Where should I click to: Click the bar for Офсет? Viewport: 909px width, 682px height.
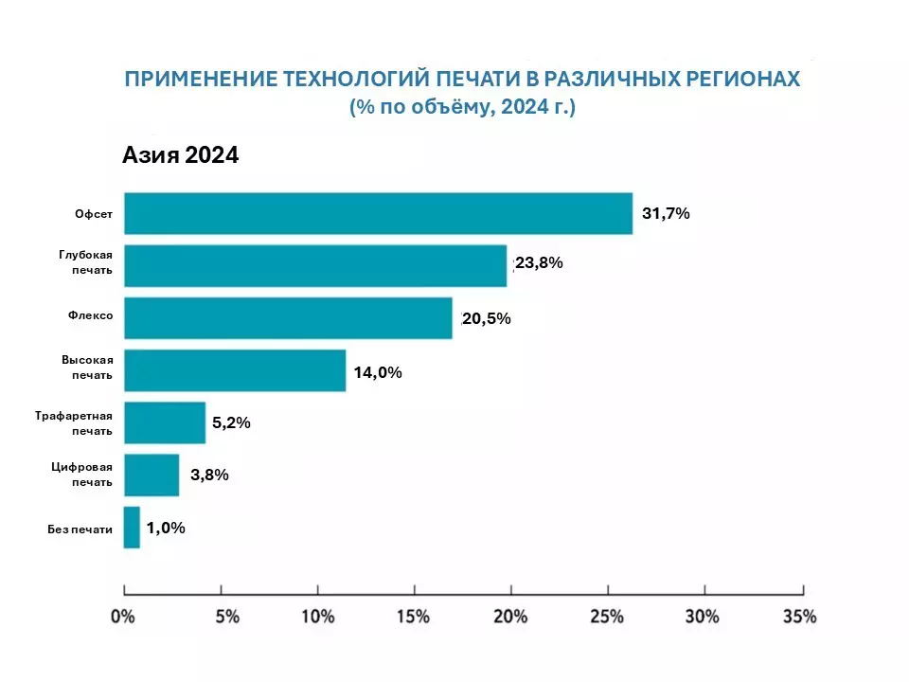pyautogui.click(x=378, y=213)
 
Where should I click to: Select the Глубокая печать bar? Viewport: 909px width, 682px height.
pyautogui.click(x=315, y=265)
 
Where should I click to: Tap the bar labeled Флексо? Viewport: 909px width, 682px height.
pyautogui.click(x=288, y=318)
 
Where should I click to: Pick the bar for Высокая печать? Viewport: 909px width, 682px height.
pyautogui.click(x=235, y=370)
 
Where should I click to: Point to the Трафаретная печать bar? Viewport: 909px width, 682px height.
pyautogui.click(x=165, y=422)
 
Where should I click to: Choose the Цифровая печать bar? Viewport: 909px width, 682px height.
pyautogui.click(x=151, y=475)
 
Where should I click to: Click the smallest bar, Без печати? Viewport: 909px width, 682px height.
pyautogui.click(x=132, y=528)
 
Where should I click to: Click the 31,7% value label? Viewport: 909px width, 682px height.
pyautogui.click(x=666, y=214)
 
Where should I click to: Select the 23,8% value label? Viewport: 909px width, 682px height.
pyautogui.click(x=539, y=263)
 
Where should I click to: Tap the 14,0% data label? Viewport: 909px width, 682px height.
pyautogui.click(x=378, y=372)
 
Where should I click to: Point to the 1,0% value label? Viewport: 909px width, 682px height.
pyautogui.click(x=166, y=529)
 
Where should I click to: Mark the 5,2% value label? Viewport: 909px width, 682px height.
pyautogui.click(x=231, y=423)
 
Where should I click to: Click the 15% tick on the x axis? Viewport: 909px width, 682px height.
pyautogui.click(x=414, y=617)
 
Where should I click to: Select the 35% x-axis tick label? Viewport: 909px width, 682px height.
pyautogui.click(x=800, y=617)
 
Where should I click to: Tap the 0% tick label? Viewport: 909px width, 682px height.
pyautogui.click(x=123, y=617)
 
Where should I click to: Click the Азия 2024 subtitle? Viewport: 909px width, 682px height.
pyautogui.click(x=180, y=155)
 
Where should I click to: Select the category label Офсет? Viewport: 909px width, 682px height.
pyautogui.click(x=94, y=214)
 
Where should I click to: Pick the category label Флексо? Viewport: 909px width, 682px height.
pyautogui.click(x=93, y=318)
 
